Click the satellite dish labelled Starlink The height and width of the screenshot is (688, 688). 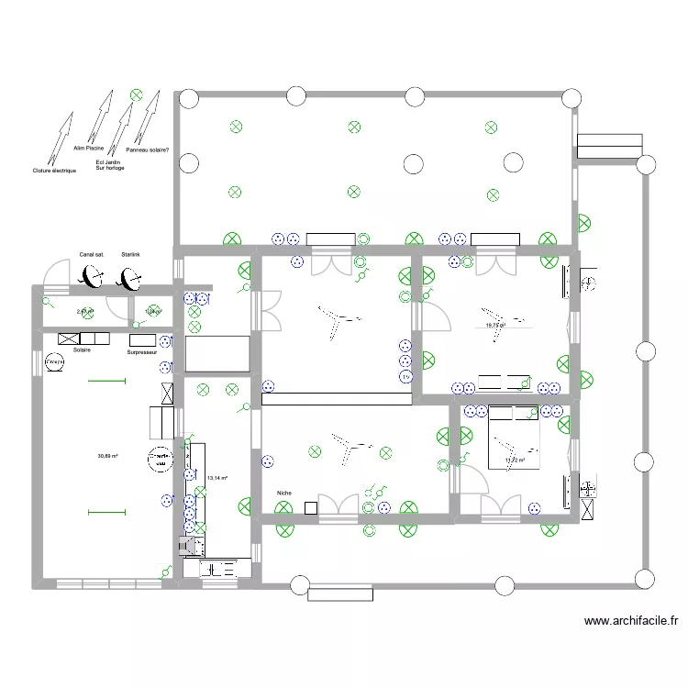[x=130, y=277]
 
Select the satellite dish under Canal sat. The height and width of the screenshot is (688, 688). [x=92, y=275]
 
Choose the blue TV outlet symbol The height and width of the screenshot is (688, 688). [x=405, y=376]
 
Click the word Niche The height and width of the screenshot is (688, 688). [x=283, y=494]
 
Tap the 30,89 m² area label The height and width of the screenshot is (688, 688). [x=108, y=456]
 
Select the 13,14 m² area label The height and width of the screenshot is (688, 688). [x=216, y=478]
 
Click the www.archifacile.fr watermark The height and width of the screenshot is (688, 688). [x=631, y=621]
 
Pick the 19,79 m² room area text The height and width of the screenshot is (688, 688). [x=495, y=325]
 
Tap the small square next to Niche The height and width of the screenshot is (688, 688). [x=311, y=507]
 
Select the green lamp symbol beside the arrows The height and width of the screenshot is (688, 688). [x=136, y=93]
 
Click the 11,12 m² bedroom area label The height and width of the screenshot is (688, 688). [x=514, y=461]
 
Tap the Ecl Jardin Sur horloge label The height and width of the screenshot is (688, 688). [x=109, y=165]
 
